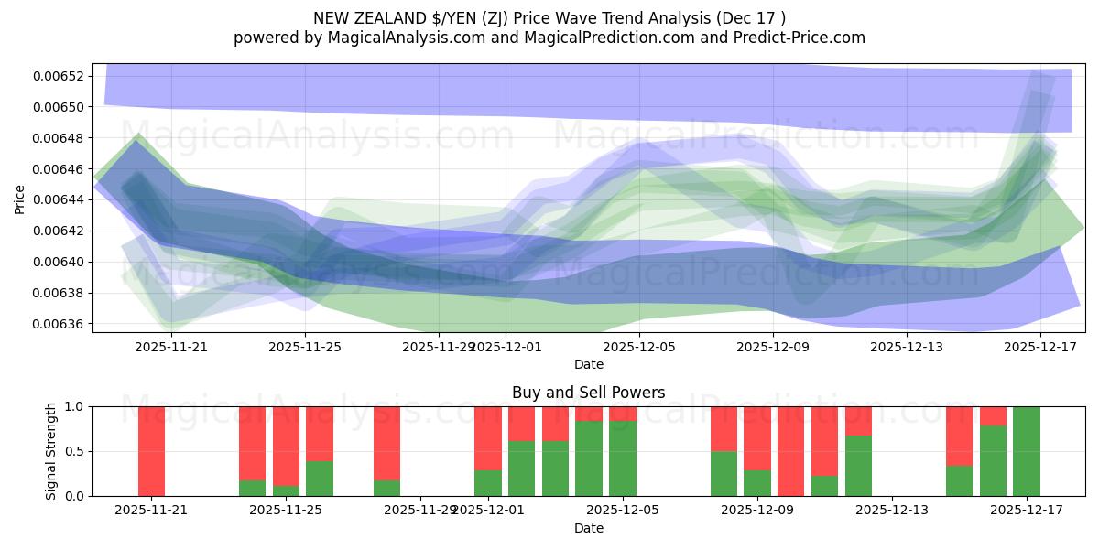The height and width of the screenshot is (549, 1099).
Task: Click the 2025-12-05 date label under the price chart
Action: [639, 347]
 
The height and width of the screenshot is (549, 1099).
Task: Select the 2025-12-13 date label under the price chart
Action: [907, 347]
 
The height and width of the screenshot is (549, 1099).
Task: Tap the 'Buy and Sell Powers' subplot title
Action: [588, 393]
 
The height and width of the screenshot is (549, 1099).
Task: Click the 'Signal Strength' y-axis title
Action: [51, 451]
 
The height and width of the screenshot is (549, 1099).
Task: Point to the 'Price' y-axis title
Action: [20, 198]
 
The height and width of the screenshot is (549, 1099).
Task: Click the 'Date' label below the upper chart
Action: [588, 364]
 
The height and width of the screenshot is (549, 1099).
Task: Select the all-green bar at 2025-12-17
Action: [1027, 451]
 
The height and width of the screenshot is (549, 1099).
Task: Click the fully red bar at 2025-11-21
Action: [152, 451]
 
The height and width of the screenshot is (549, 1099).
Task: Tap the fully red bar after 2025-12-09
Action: [790, 451]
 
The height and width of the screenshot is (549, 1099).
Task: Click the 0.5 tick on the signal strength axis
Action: [73, 451]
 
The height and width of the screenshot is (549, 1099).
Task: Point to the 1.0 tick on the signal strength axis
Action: [73, 406]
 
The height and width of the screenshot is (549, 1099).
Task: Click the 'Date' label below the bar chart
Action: [588, 528]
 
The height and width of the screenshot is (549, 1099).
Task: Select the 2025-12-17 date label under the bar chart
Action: [1026, 511]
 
